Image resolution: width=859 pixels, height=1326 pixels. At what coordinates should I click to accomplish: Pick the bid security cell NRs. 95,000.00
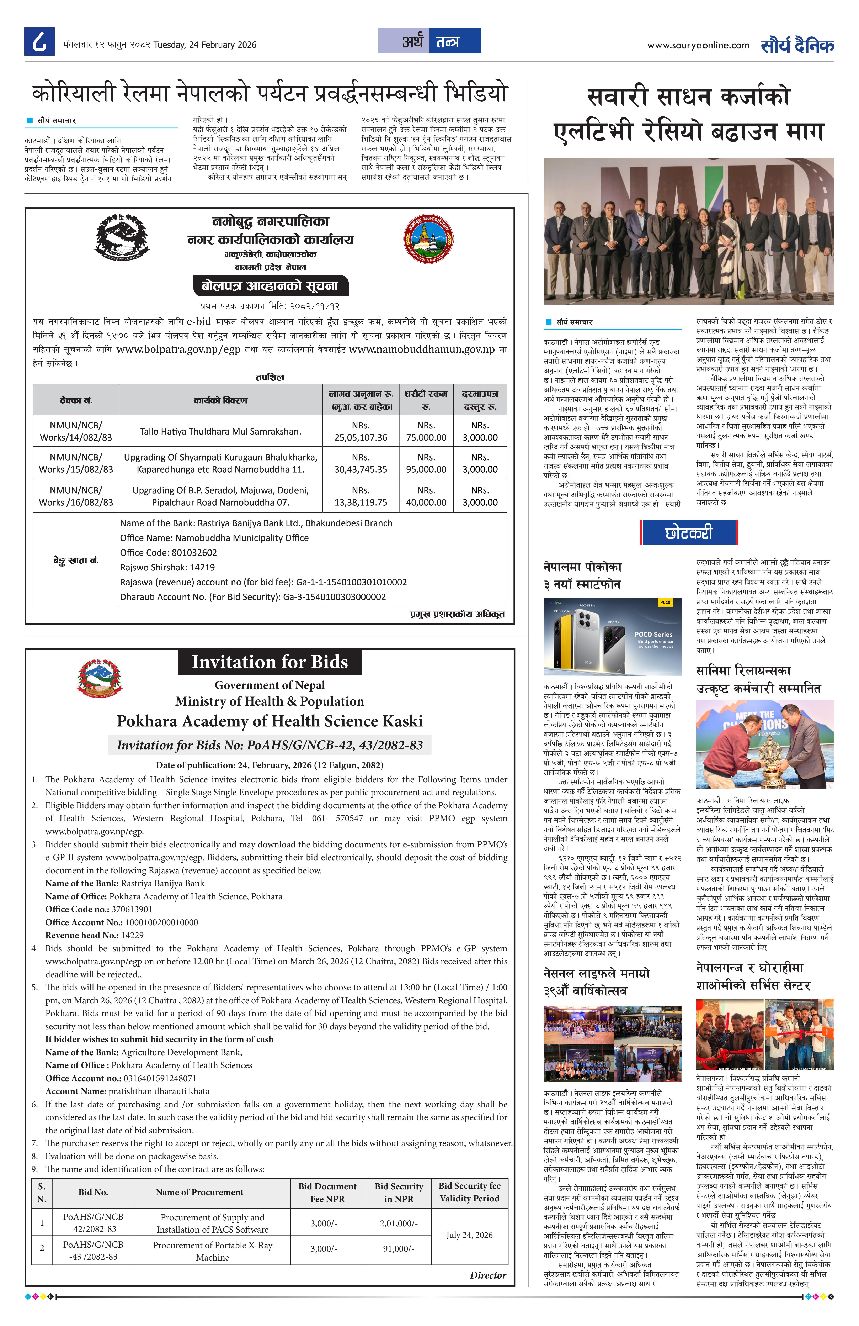click(426, 463)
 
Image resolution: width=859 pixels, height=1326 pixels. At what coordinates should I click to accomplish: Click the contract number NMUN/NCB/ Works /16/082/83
click(76, 496)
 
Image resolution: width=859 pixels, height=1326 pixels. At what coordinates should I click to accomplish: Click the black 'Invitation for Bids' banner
click(270, 662)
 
